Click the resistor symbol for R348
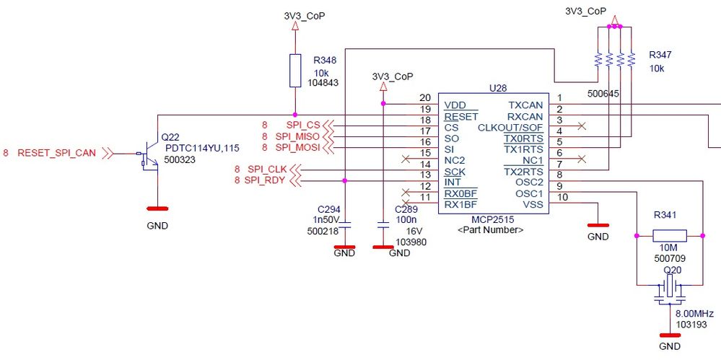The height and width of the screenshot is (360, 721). point(294,70)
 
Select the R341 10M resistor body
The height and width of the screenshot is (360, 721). point(669,235)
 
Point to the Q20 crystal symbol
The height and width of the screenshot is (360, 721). point(669,289)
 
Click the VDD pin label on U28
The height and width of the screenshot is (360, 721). point(455,105)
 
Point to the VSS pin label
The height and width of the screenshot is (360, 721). point(533,205)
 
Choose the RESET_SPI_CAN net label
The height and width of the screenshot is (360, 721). point(56,153)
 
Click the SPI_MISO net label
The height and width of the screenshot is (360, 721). point(297,136)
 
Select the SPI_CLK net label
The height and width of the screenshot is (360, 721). point(267,170)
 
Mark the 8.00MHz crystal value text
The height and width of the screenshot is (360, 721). point(694,314)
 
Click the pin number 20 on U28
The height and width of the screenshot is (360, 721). point(424,98)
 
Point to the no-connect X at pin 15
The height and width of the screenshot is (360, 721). point(409,159)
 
